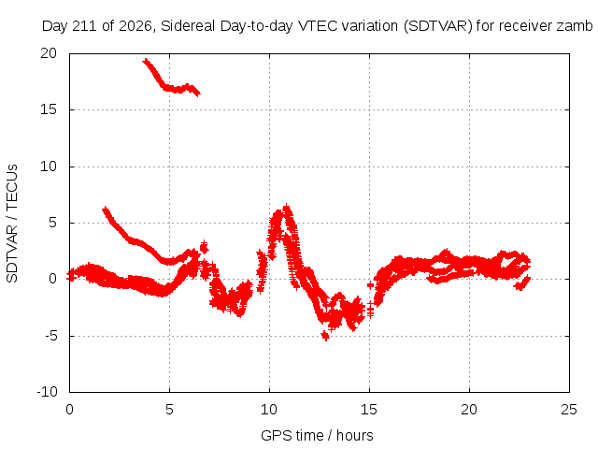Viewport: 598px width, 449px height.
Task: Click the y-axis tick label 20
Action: (x=49, y=53)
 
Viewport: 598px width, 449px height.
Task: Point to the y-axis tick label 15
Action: (x=49, y=109)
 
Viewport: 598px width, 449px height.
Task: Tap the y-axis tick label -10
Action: (x=47, y=392)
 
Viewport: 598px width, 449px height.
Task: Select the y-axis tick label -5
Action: (x=50, y=336)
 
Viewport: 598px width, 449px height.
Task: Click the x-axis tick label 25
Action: (x=569, y=410)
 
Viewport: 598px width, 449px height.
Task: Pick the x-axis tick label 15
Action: (x=369, y=410)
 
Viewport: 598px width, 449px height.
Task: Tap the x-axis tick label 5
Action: (x=169, y=410)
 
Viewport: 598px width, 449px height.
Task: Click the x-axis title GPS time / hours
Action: (x=317, y=435)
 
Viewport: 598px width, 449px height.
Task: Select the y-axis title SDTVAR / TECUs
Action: (x=12, y=224)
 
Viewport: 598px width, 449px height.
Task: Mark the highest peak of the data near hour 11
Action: (x=287, y=208)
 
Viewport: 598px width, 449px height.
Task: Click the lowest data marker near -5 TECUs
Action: (x=325, y=337)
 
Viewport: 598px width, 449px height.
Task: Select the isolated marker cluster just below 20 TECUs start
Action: (x=146, y=61)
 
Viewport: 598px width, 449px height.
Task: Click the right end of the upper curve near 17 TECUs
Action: (x=197, y=93)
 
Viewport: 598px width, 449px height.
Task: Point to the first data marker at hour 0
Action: (x=70, y=276)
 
